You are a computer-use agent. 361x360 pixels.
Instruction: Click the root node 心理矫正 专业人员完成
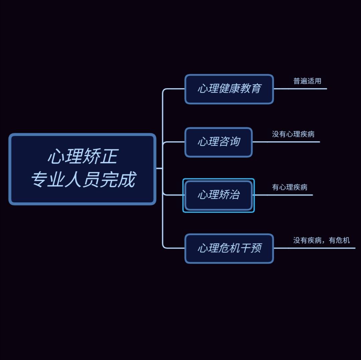(x=82, y=169)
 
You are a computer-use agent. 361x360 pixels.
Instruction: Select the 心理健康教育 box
(x=229, y=89)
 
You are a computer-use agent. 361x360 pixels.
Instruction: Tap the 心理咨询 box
(x=219, y=142)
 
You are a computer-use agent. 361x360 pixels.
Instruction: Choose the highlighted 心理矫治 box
(x=219, y=195)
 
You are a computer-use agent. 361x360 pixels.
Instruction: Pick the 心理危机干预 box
(x=229, y=248)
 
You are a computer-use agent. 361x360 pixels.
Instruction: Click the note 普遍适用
(x=307, y=81)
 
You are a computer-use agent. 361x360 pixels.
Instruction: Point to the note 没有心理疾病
(x=293, y=134)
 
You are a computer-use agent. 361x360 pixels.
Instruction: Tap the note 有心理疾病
(x=289, y=187)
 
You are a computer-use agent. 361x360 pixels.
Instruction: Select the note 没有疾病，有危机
(x=322, y=240)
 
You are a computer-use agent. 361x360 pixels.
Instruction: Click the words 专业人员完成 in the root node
(x=83, y=180)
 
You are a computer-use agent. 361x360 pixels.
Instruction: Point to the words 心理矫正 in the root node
(x=83, y=157)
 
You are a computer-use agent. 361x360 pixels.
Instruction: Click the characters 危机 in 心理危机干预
(x=229, y=248)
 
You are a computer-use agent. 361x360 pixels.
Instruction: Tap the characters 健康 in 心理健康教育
(x=229, y=89)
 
